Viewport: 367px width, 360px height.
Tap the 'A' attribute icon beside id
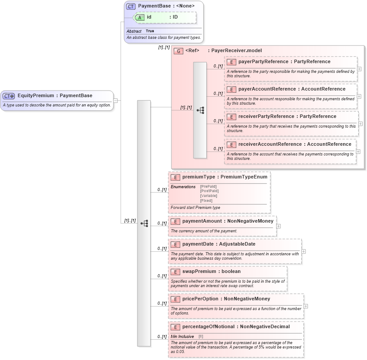[x=140, y=17]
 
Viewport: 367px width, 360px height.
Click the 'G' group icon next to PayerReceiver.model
[x=178, y=51]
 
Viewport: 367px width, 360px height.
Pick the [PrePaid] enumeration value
[x=208, y=186]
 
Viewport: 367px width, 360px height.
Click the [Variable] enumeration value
[x=208, y=196]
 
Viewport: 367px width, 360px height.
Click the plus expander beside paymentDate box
[x=303, y=251]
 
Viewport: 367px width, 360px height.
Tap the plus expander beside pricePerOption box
[x=306, y=306]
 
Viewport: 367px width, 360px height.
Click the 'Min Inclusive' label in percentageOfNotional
[x=182, y=337]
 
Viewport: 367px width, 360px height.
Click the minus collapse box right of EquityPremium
[x=115, y=100]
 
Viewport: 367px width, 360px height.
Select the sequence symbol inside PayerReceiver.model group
[x=200, y=110]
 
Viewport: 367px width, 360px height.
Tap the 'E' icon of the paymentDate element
[x=175, y=244]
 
